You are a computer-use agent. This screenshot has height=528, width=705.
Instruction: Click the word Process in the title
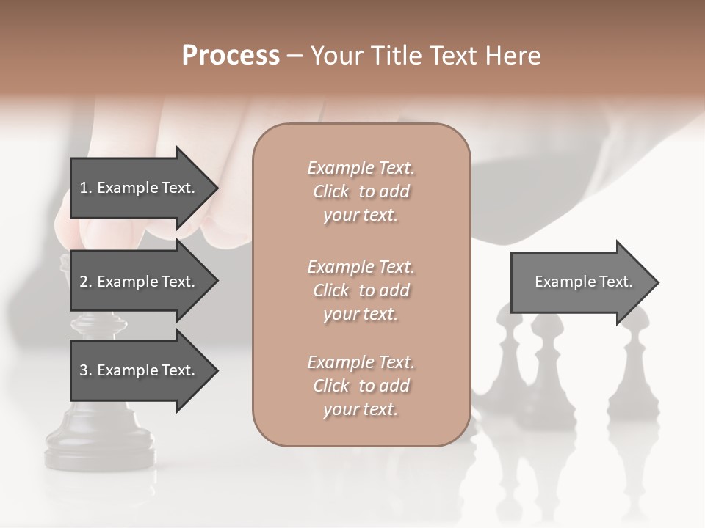click(x=231, y=56)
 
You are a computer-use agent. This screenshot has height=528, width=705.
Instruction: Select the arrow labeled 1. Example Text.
click(x=140, y=188)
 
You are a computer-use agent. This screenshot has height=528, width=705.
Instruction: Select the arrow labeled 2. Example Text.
click(x=140, y=282)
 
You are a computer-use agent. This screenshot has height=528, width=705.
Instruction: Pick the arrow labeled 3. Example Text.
click(x=140, y=370)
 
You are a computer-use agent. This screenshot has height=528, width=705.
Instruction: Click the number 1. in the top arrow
click(x=85, y=188)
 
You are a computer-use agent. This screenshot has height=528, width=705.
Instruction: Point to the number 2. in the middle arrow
click(x=85, y=282)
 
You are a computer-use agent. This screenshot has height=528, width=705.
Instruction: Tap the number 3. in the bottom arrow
click(x=85, y=370)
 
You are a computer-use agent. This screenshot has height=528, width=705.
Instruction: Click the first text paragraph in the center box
click(x=361, y=191)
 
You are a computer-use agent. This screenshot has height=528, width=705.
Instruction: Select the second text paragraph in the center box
click(x=361, y=290)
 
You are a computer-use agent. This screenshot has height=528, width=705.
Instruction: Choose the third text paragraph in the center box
click(x=361, y=386)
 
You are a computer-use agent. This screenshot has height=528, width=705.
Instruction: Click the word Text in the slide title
click(x=452, y=56)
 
